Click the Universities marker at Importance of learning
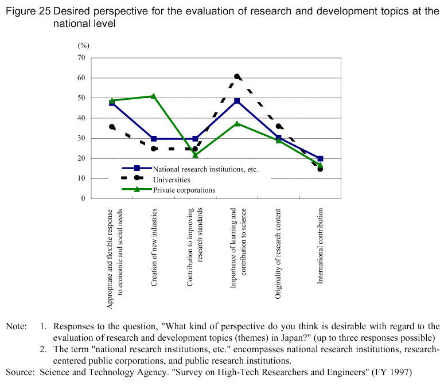click(x=237, y=76)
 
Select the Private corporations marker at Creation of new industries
click(x=154, y=96)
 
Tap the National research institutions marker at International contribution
click(x=320, y=158)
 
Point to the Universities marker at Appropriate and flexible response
click(x=112, y=127)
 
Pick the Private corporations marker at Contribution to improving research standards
click(x=195, y=155)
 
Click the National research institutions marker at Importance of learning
click(x=237, y=101)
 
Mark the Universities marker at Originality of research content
click(x=279, y=126)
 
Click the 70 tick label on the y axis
click(x=81, y=57)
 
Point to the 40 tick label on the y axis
click(x=81, y=118)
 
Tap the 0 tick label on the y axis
click(x=83, y=198)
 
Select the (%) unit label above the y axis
click(x=84, y=44)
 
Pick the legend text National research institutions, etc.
click(x=205, y=169)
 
